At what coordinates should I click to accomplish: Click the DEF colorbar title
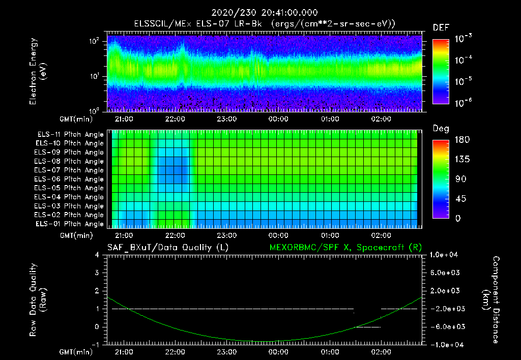(x=441, y=27)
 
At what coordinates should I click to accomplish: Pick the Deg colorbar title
(x=441, y=129)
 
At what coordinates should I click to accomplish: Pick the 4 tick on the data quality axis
(x=97, y=255)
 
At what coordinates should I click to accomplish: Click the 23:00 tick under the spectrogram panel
(x=227, y=119)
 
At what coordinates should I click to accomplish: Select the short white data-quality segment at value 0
(x=368, y=327)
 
